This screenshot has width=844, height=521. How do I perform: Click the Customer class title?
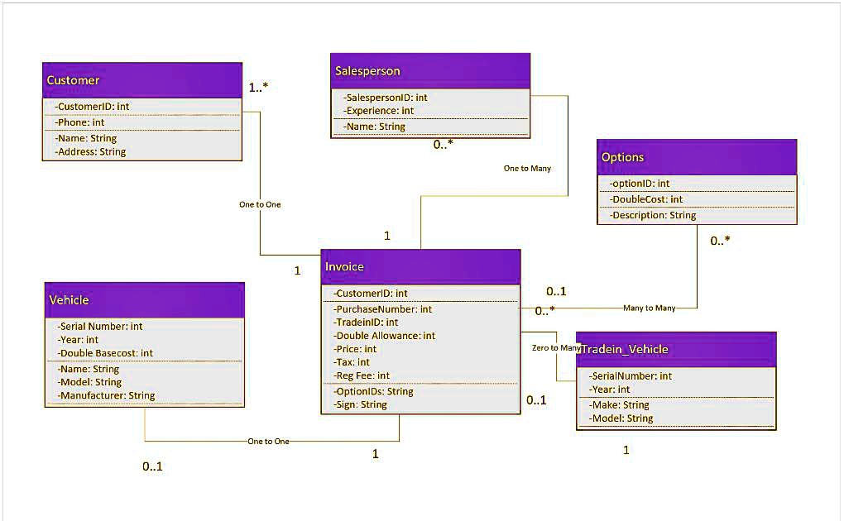click(x=73, y=80)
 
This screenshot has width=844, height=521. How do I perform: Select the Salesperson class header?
click(x=367, y=71)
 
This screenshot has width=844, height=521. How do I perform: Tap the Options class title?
click(x=622, y=157)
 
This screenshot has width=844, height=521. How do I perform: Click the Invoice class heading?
click(x=344, y=266)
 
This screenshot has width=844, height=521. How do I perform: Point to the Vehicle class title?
click(x=69, y=299)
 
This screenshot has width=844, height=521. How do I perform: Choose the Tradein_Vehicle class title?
click(x=625, y=349)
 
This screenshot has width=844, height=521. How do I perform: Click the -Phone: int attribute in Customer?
click(x=81, y=122)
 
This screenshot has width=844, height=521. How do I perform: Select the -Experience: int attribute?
click(x=380, y=111)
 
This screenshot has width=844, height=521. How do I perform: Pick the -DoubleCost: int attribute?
click(x=646, y=199)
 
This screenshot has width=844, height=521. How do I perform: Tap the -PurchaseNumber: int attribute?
click(x=383, y=309)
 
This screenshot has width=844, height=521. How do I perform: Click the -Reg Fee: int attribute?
click(x=362, y=375)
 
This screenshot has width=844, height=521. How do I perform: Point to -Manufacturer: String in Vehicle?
click(x=107, y=395)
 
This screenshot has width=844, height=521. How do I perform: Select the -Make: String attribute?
click(x=620, y=405)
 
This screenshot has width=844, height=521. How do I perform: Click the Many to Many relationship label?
click(x=649, y=308)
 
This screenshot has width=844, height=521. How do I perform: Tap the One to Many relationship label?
click(x=527, y=169)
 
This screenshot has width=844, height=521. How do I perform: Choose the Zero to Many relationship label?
click(x=556, y=348)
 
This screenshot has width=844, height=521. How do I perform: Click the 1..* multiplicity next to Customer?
click(x=259, y=87)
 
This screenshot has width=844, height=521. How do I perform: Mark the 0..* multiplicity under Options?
click(x=720, y=241)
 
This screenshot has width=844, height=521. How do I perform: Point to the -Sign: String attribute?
click(x=361, y=404)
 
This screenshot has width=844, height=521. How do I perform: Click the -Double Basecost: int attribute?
click(x=106, y=353)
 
